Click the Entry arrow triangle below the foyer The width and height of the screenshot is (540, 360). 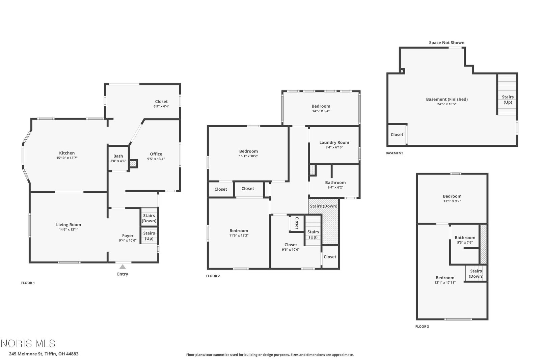123,267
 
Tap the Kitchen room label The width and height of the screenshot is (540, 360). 67,153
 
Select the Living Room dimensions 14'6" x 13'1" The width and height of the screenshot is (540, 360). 69,230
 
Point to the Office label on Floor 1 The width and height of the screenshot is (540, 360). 156,154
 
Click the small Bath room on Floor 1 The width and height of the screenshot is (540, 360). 118,158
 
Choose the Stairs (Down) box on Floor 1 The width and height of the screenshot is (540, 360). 149,217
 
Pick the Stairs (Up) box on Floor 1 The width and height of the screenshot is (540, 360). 149,236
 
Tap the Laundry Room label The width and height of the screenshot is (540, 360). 334,142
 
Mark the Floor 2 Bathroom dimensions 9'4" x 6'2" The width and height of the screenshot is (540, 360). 335,187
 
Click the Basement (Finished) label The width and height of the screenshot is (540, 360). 447,99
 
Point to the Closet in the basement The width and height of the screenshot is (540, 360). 397,135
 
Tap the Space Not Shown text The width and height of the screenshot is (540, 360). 447,43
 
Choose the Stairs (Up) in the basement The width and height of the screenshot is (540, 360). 508,94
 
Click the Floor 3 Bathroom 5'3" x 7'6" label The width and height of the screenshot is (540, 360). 465,240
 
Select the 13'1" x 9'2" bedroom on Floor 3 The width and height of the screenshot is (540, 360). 452,198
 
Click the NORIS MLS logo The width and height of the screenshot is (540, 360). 28,343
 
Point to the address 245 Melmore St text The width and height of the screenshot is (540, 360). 26,354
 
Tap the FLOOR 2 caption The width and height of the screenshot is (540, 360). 213,276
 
